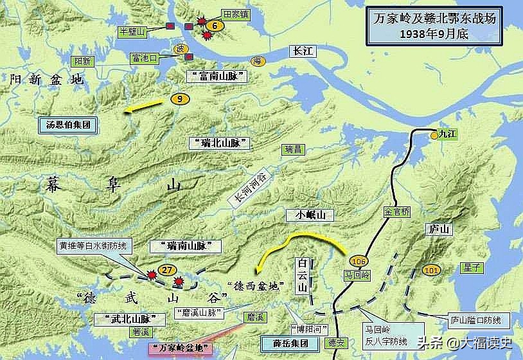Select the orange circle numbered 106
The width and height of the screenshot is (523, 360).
[359, 261]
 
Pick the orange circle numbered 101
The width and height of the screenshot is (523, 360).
[431, 271]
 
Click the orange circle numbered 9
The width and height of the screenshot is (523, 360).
[181, 99]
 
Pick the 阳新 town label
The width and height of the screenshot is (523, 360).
[83, 61]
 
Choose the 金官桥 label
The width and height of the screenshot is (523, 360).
[396, 211]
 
